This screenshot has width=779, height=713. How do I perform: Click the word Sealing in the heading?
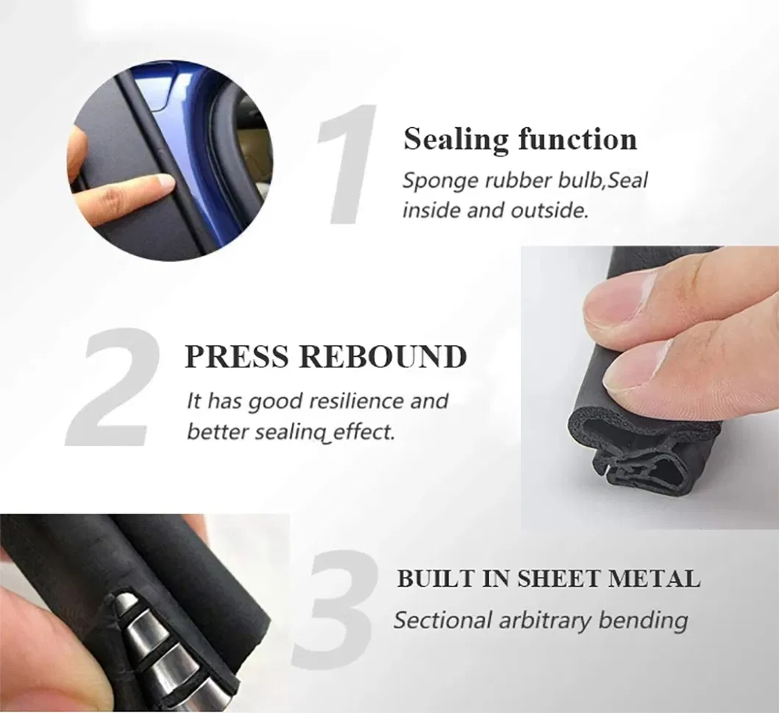[x=456, y=140]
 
